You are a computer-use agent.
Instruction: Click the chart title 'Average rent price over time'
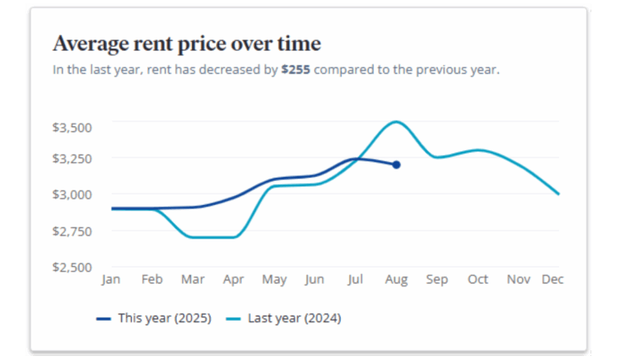point(186,43)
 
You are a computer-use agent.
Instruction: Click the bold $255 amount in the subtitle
point(296,70)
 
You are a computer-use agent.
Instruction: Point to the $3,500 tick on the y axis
point(72,127)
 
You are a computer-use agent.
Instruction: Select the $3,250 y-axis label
point(72,158)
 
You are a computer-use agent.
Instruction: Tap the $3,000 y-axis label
point(72,194)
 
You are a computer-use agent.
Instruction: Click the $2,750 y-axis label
point(72,231)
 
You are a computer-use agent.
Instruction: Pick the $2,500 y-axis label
point(72,267)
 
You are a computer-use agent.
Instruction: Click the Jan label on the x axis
point(111,280)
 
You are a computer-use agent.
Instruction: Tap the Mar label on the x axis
point(193,280)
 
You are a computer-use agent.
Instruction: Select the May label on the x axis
point(274,280)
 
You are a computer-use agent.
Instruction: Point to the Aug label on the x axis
point(396,280)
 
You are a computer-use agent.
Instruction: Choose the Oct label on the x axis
point(478,280)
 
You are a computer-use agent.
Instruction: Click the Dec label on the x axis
point(553,280)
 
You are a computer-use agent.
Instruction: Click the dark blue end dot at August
point(396,165)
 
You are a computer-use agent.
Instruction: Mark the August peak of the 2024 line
point(395,122)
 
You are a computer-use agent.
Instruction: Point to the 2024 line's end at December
point(558,194)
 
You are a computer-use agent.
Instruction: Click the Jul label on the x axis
point(355,280)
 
